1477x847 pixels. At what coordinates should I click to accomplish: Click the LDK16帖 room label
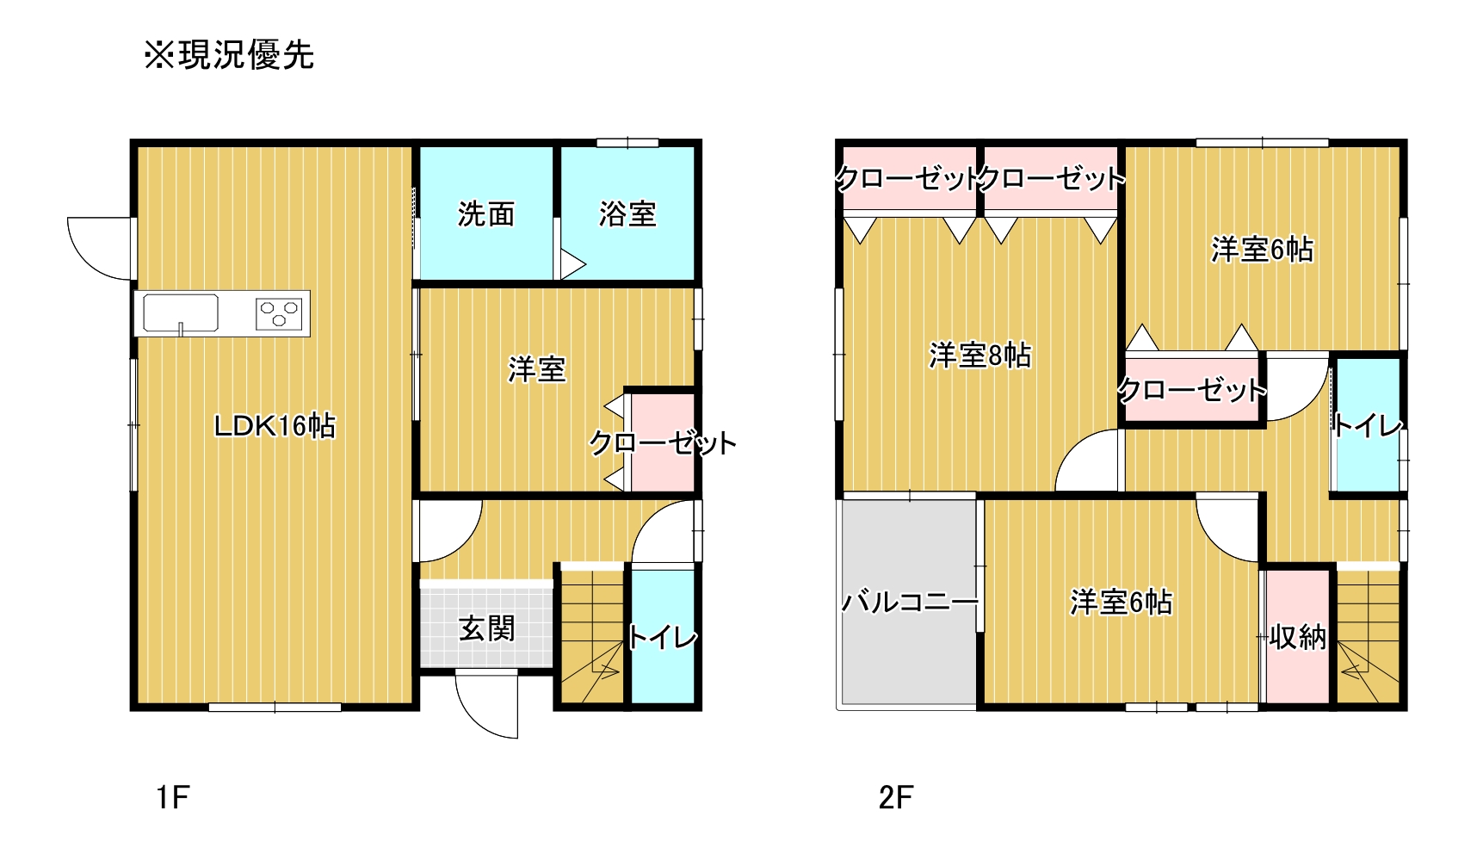(275, 425)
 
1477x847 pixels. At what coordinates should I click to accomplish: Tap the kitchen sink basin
(181, 312)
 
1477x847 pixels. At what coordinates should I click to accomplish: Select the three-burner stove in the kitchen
(280, 313)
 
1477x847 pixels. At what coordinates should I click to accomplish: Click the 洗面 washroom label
(486, 213)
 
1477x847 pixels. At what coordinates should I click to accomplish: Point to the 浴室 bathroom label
(627, 213)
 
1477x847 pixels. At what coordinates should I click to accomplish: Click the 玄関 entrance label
(486, 628)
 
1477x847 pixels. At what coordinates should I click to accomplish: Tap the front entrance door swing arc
(486, 706)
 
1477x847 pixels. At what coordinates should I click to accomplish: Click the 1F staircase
(592, 635)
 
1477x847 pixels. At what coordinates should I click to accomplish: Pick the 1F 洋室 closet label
(663, 443)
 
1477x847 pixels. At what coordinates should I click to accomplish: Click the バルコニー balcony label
(910, 601)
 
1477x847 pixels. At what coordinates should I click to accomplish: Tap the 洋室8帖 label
(980, 355)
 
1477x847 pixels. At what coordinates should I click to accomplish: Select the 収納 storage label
(1298, 637)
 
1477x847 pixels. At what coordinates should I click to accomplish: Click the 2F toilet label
(1368, 424)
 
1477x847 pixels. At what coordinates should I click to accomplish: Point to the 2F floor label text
(895, 797)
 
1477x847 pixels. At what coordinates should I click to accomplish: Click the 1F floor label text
(173, 797)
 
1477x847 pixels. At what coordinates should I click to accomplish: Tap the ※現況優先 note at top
(229, 55)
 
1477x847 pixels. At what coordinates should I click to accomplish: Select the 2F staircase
(1369, 635)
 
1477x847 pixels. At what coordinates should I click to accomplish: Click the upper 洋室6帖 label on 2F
(1263, 250)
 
